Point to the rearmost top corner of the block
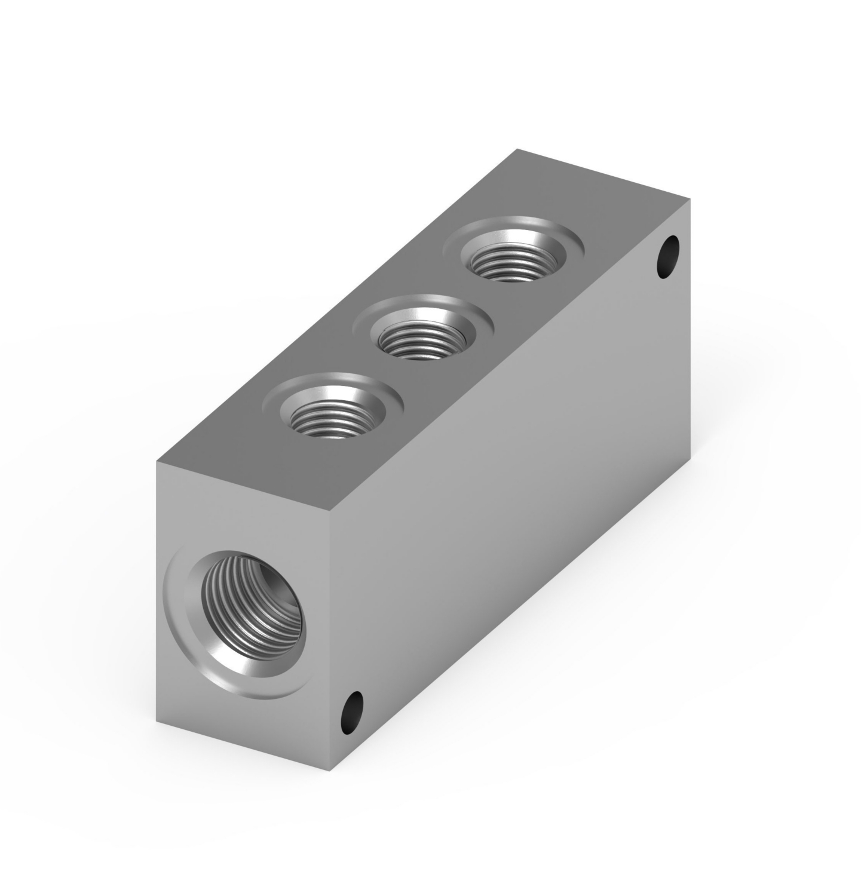coord(517,149)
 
